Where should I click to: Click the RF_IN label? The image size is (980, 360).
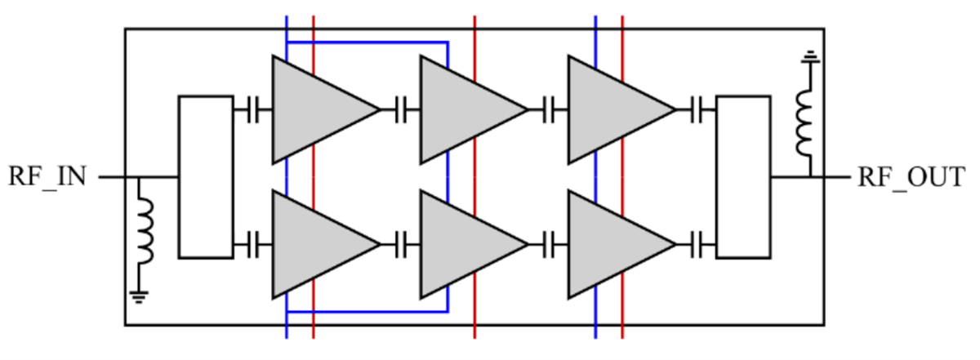(47, 176)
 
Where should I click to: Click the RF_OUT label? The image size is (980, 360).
(911, 176)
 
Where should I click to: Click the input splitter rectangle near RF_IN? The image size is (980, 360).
(206, 176)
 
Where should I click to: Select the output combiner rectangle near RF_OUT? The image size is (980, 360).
(743, 176)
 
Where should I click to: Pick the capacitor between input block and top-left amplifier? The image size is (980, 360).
(253, 109)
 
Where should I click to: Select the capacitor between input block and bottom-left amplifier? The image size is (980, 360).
(253, 244)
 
